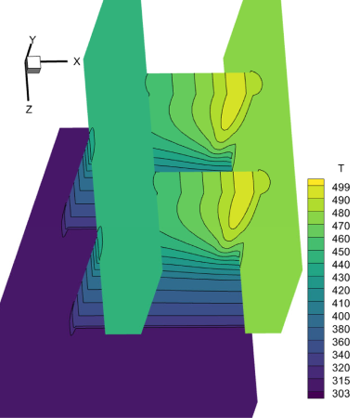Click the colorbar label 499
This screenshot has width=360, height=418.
341,188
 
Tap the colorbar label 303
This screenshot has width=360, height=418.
341,394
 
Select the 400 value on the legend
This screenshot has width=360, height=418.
341,316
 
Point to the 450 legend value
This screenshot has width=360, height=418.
341,252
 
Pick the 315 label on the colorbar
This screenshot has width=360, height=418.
341,381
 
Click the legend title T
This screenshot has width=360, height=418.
341,168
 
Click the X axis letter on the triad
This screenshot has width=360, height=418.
77,61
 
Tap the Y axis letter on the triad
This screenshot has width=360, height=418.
32,40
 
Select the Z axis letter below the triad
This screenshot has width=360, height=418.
29,110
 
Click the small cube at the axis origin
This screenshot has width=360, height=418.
33,64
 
